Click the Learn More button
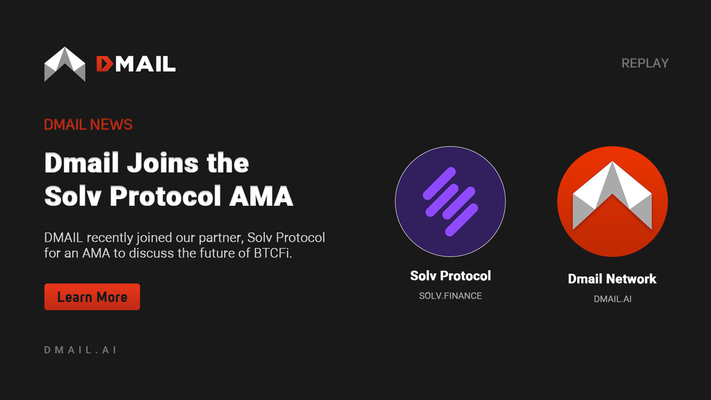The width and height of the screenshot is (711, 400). click(x=92, y=297)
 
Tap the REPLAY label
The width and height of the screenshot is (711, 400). click(x=645, y=63)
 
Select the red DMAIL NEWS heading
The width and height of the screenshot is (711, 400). click(x=88, y=124)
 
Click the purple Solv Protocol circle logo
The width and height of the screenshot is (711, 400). click(x=450, y=201)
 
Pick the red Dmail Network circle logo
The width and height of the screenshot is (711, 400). click(x=612, y=201)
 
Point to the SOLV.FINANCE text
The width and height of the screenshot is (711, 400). click(x=450, y=296)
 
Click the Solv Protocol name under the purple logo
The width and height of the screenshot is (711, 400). click(x=450, y=276)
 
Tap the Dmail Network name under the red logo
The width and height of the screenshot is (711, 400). click(x=612, y=279)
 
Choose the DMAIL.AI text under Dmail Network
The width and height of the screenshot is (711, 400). click(x=612, y=299)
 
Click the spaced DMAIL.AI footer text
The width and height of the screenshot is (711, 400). click(x=80, y=350)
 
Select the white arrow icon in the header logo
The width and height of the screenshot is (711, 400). click(x=65, y=63)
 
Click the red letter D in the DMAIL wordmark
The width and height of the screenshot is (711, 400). click(x=104, y=63)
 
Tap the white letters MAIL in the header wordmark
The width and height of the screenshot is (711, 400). click(x=145, y=63)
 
